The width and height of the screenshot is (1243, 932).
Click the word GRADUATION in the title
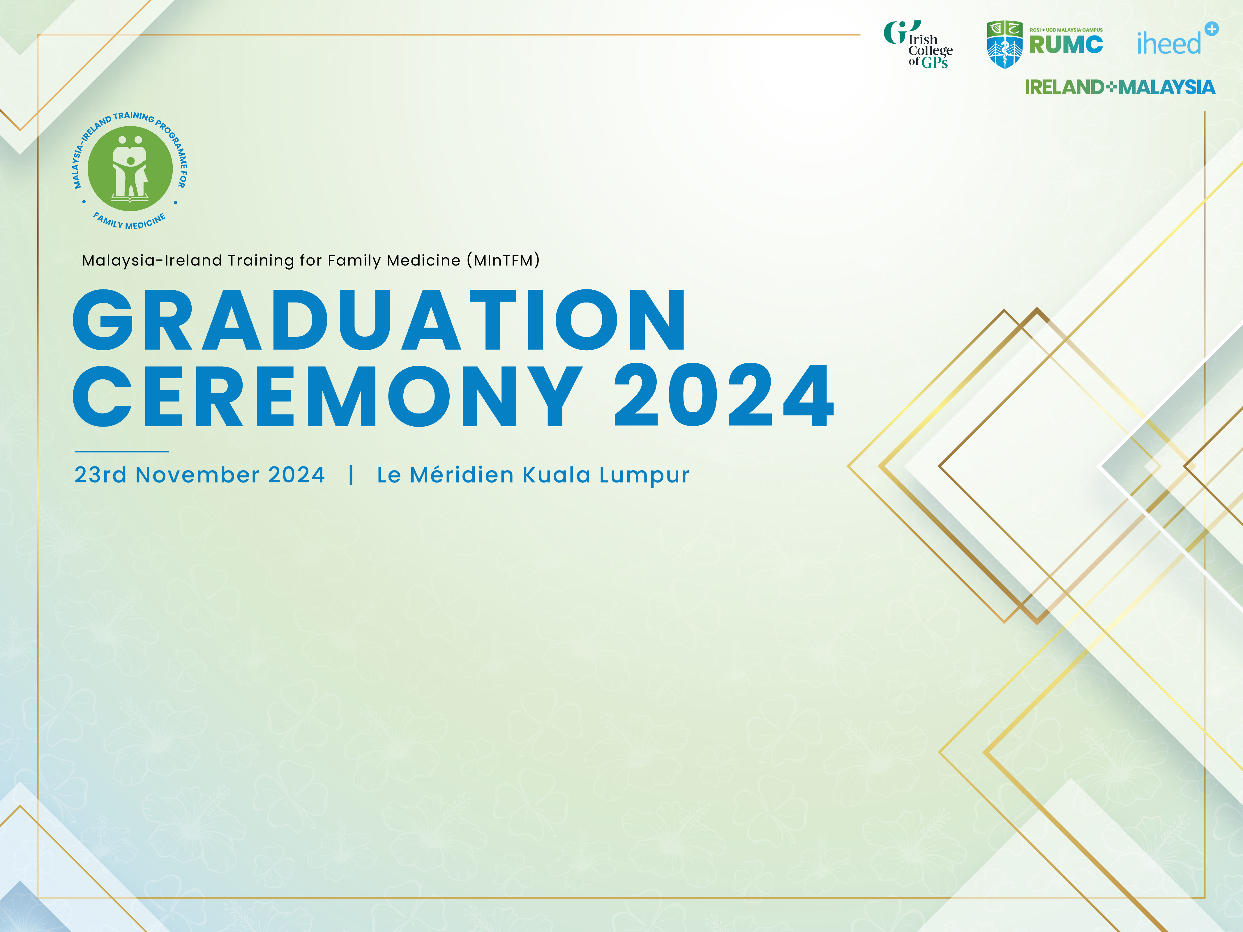coord(379,320)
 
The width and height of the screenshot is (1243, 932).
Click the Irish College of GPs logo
coord(918,45)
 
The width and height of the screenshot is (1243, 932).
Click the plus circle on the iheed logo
coord(1212,29)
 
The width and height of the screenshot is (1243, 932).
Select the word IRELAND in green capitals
coord(1065,87)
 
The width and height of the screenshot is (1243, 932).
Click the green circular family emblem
coord(130,169)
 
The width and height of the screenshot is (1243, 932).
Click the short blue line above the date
coord(122,451)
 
